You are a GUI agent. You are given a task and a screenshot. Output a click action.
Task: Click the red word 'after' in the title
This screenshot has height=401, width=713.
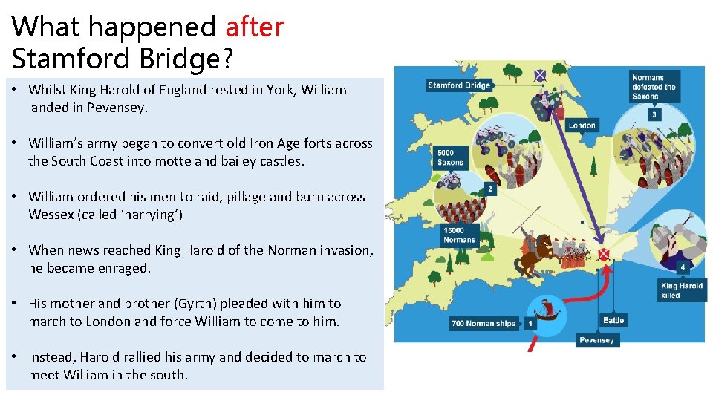tap(255, 27)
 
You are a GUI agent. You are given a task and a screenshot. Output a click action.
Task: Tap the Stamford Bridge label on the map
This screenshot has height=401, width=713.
tap(459, 85)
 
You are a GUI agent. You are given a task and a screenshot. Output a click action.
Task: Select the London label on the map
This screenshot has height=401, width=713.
tap(582, 125)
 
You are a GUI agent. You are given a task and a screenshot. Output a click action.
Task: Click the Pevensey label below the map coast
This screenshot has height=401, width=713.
tap(596, 340)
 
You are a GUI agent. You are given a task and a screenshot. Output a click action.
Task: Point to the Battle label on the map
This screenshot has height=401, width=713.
tap(613, 321)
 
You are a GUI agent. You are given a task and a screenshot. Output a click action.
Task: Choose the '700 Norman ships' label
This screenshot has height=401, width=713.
tap(483, 324)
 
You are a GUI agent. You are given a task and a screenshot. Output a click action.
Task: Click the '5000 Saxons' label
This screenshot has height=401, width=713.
tap(450, 158)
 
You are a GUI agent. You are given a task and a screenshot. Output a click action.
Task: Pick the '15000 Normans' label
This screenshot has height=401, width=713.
tap(458, 235)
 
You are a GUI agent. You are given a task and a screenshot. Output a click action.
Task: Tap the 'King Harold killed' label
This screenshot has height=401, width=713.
tap(681, 290)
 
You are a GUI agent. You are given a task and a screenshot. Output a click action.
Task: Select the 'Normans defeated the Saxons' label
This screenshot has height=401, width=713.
tap(653, 87)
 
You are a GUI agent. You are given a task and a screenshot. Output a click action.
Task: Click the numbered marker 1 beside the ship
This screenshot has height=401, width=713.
tap(530, 324)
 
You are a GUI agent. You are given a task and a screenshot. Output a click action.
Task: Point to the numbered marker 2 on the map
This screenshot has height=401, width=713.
tap(489, 189)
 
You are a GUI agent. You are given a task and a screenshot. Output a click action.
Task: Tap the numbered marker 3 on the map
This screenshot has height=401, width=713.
tap(654, 114)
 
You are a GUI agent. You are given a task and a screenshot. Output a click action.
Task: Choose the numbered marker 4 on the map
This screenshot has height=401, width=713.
tap(682, 267)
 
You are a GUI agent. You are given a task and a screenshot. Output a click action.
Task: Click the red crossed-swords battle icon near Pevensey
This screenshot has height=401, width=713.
tap(603, 255)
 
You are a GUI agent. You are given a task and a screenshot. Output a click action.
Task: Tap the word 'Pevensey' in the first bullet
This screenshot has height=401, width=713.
tap(117, 108)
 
